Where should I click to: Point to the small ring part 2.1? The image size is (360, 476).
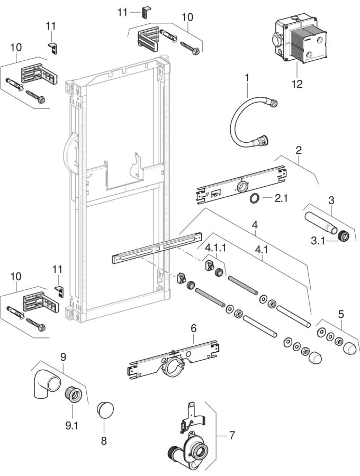pos(255,198)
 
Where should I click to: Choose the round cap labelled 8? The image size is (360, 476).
pos(105,409)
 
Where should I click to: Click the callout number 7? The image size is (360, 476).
pos(232,436)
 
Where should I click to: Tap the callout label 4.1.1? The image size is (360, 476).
pos(215,247)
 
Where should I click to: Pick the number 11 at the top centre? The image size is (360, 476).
pos(123,11)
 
